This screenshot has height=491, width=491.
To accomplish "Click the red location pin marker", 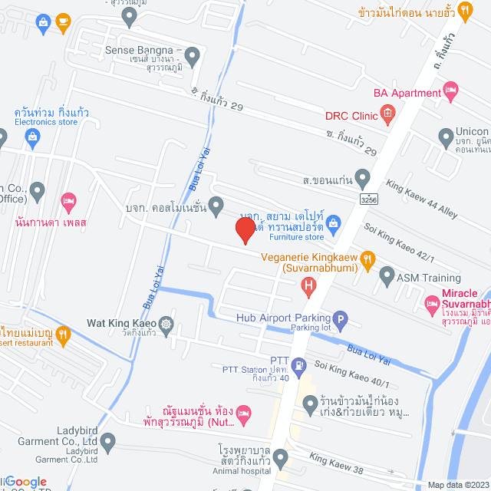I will click(x=245, y=230).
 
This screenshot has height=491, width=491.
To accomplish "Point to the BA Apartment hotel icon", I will click(x=451, y=93).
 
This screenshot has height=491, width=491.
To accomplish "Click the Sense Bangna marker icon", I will click(x=192, y=55).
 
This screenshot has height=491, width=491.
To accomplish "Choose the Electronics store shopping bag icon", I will click(x=31, y=138).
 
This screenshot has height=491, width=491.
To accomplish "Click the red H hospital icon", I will click(x=308, y=288).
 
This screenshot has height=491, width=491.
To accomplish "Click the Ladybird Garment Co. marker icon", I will click(x=107, y=442).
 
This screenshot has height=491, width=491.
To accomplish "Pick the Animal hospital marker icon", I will click(x=281, y=459).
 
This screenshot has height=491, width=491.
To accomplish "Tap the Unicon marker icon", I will click(x=446, y=137).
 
